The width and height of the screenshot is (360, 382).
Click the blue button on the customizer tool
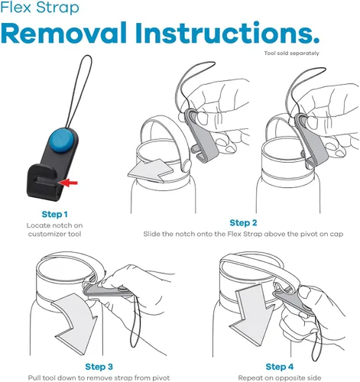point(62,141)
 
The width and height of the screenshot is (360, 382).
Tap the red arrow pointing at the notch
point(67,183)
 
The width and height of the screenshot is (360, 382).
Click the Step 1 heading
point(55,215)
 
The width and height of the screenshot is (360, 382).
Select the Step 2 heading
point(243,223)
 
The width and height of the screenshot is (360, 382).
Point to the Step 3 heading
point(99,367)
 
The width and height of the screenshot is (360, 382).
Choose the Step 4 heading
point(280,367)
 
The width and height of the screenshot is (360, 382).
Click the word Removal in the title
point(63,33)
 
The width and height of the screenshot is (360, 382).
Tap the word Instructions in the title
point(227,33)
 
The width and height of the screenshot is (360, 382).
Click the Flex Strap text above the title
point(40,7)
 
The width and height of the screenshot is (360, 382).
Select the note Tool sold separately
point(291,53)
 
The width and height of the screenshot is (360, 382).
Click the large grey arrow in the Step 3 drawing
point(75,323)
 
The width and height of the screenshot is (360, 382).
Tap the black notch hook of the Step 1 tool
point(44,182)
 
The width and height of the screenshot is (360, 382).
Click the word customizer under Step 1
point(44,234)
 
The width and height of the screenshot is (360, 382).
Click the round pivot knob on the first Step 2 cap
point(186,165)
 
